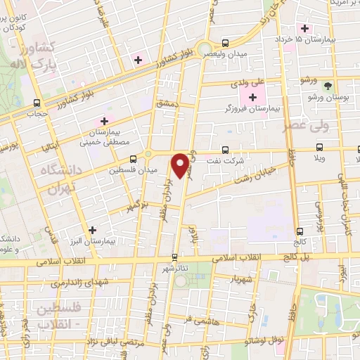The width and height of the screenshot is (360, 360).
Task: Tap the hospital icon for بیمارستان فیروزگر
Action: tap(253, 96)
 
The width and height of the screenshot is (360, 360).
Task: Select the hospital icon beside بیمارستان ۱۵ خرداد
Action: tap(304, 28)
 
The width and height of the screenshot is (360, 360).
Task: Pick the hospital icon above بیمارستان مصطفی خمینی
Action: tap(105, 121)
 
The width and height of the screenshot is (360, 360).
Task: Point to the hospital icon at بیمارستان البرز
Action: tap(92, 229)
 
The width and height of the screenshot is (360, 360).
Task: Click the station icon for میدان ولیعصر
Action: tap(225, 41)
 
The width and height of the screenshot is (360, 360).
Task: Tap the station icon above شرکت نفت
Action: tap(225, 149)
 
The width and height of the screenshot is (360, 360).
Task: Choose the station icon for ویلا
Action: tap(320, 147)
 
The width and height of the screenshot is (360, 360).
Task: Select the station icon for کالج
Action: tap(300, 230)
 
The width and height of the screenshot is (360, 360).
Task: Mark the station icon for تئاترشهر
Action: tap(175, 257)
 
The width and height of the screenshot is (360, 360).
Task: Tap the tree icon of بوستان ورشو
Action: tap(328, 84)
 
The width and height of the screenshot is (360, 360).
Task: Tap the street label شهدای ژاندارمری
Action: tap(79, 283)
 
